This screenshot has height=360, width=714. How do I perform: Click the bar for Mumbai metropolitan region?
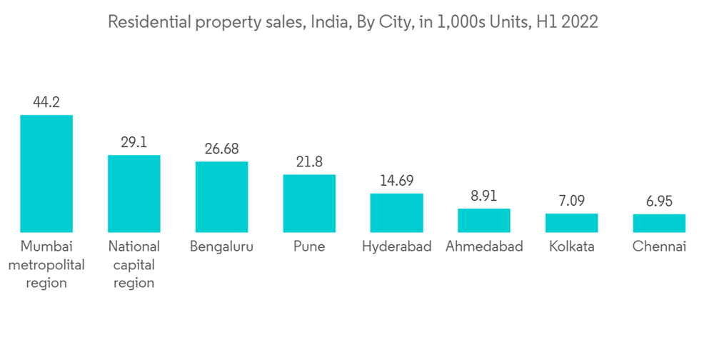[46, 174]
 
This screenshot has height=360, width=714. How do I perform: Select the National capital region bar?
[134, 194]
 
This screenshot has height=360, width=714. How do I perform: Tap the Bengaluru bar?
[221, 196]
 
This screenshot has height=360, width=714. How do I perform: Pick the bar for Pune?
[309, 204]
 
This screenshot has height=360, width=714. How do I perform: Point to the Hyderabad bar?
[396, 213]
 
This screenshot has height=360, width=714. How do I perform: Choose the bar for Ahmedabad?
[484, 221]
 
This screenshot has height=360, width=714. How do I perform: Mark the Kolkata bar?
[571, 223]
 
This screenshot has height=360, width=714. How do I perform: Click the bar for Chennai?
[659, 223]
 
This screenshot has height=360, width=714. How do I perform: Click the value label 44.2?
[46, 102]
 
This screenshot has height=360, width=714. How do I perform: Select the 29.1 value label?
[134, 142]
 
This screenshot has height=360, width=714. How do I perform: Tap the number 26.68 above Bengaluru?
[221, 149]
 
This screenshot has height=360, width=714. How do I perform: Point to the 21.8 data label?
[309, 162]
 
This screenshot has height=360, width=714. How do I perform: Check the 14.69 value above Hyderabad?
[396, 181]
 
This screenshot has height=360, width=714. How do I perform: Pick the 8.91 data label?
[484, 196]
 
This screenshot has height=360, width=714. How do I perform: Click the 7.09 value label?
[571, 201]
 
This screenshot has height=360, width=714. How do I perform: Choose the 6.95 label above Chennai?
[659, 201]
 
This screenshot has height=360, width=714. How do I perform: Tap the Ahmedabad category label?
[484, 246]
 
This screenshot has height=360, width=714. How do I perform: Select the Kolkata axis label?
[571, 246]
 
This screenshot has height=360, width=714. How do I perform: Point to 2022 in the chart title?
[580, 22]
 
